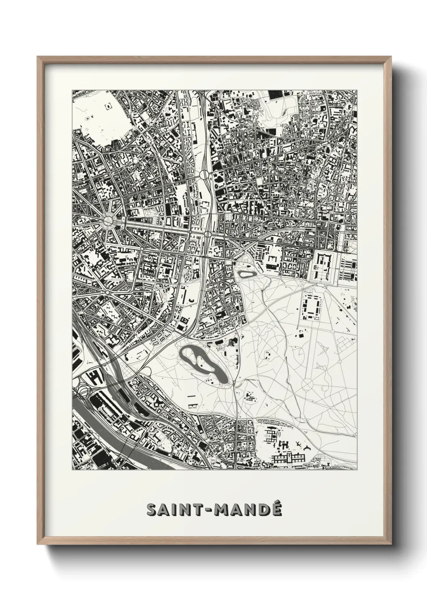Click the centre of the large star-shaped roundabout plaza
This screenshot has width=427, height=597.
coord(109,221)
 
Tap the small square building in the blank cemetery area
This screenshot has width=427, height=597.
coord(108,106)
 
